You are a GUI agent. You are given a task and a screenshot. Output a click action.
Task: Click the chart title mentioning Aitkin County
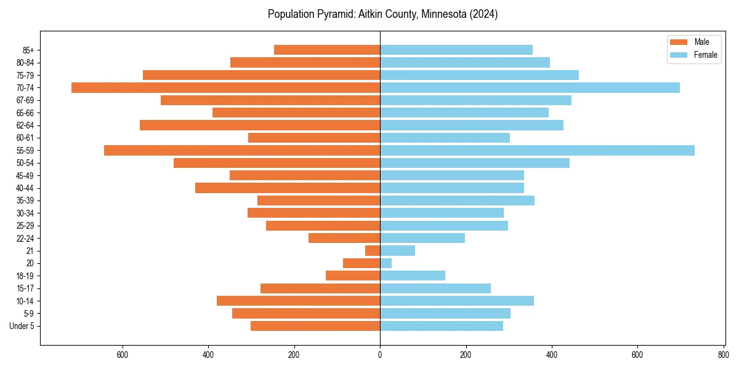coord(382,14)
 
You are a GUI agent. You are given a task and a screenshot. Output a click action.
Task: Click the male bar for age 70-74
coord(225,87)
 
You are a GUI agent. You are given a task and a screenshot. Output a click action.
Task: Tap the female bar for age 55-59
coord(537,150)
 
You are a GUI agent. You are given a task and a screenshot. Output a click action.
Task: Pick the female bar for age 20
coord(386,263)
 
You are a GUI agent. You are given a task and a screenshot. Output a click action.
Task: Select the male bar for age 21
coord(373,251)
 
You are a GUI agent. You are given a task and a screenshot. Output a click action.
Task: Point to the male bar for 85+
coord(327,50)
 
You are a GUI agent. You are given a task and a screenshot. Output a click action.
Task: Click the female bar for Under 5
coord(442,326)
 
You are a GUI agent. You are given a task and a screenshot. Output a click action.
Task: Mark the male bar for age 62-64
coord(260,125)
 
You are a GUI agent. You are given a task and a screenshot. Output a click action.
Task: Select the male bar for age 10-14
coord(298,301)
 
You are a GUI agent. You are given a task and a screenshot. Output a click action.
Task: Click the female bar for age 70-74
coord(530,87)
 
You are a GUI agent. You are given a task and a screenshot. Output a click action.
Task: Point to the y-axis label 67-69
coord(25,100)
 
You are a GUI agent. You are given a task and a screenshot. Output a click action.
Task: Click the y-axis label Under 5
coord(22,326)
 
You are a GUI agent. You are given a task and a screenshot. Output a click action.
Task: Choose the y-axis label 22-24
coord(25,238)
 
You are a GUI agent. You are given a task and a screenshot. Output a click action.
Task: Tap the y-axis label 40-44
coord(25,188)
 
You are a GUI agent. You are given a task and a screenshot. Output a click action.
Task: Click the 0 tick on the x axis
coord(380,355)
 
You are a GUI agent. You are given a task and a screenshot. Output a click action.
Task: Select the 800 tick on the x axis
coord(723,355)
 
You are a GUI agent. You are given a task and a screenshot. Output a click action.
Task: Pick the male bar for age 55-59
coord(242,150)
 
